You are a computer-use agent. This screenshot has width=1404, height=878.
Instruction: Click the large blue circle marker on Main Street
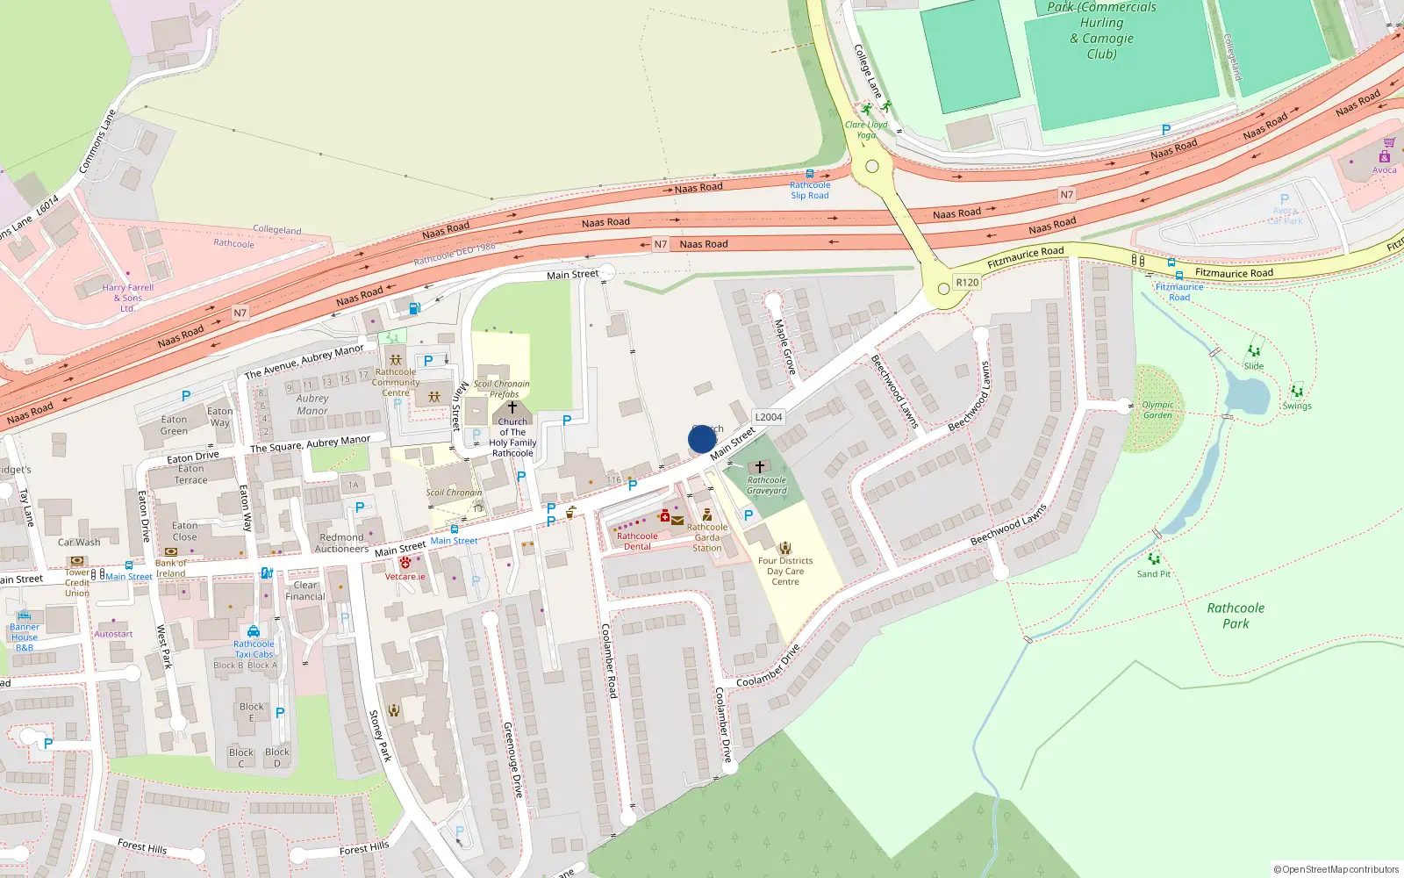[702, 439]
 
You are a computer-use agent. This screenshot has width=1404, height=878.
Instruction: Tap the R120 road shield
[967, 282]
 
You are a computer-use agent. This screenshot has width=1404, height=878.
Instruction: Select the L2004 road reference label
[768, 417]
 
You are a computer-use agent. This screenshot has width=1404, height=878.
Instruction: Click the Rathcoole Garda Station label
[707, 537]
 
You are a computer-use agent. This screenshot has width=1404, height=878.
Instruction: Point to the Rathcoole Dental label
[637, 541]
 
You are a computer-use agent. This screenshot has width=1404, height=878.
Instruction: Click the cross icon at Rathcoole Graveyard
[760, 467]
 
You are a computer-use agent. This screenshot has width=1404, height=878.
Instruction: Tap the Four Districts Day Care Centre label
[785, 571]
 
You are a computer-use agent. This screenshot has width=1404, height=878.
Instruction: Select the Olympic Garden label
[1157, 410]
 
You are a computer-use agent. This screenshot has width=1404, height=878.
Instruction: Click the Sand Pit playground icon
[1154, 558]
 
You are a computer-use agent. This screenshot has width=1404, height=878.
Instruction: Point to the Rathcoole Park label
[1236, 615]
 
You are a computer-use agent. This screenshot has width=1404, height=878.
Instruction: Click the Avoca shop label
[1384, 170]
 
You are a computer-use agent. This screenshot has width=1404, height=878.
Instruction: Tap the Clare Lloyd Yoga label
[866, 130]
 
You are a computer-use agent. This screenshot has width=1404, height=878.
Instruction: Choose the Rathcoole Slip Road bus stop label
[809, 190]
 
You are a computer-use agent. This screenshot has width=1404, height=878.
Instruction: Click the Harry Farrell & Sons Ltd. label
[128, 298]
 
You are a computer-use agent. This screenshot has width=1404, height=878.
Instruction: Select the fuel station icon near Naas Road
[414, 308]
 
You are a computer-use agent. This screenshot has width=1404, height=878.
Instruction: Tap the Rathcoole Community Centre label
[396, 382]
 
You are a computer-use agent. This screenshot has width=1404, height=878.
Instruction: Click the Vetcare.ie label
[405, 577]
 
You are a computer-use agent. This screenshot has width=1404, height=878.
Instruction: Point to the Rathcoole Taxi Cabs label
[254, 649]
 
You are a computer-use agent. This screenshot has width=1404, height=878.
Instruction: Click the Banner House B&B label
[25, 637]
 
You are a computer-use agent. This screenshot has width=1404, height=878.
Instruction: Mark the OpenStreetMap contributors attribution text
[1336, 869]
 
